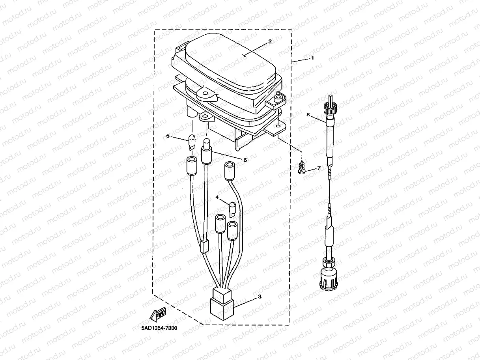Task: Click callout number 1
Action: coord(312,58)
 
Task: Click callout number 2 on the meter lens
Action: coord(270,41)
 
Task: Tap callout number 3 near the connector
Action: coord(260,297)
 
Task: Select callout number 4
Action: coord(217,198)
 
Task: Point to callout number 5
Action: coord(168,136)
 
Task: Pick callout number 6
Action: coord(245,160)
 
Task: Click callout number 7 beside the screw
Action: coord(319,168)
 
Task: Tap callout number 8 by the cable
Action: coord(308,114)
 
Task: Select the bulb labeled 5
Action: coord(192,142)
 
